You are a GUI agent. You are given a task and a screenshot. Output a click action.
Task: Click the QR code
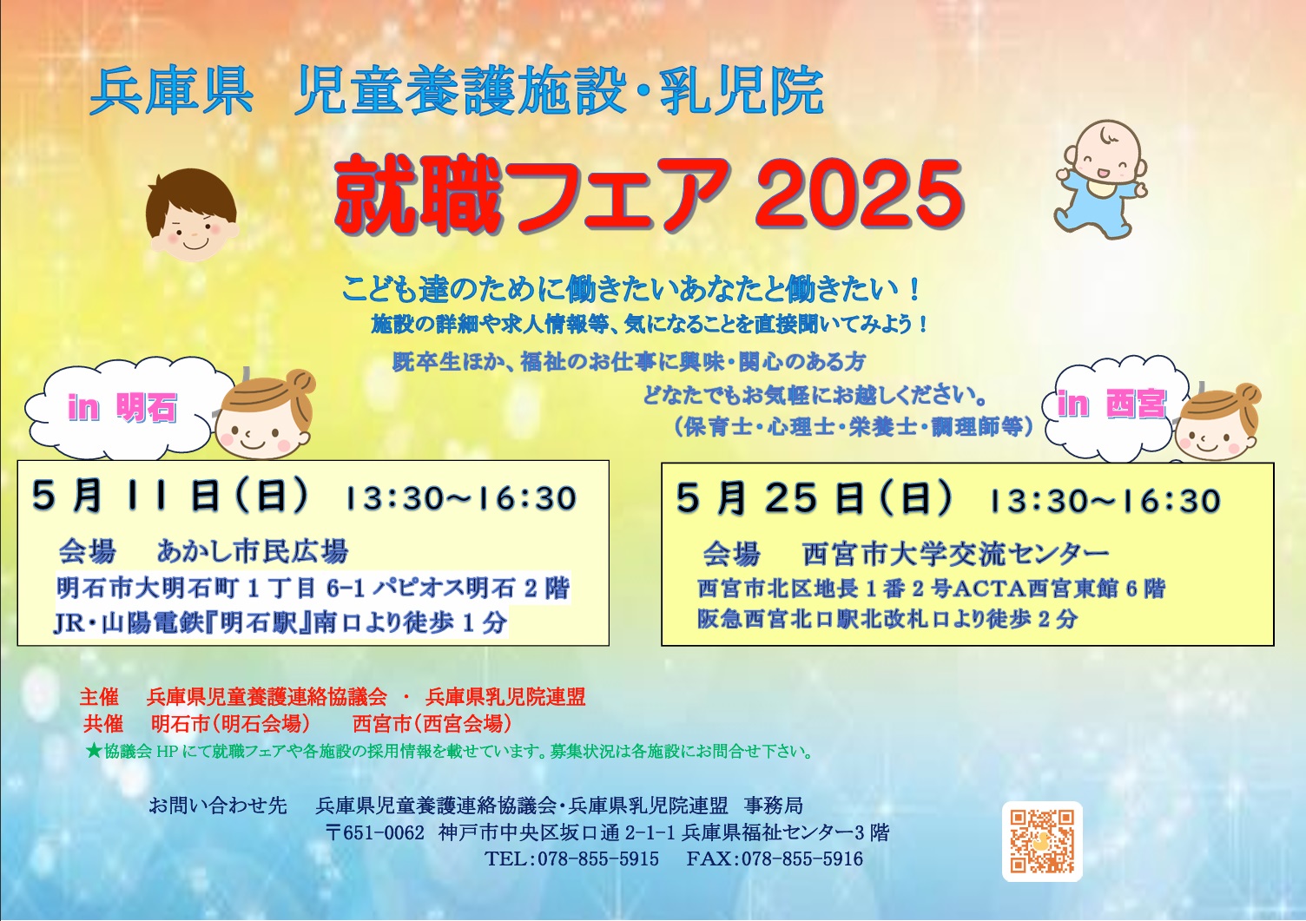(1042, 841)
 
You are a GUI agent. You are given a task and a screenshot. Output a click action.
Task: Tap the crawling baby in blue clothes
(1101, 180)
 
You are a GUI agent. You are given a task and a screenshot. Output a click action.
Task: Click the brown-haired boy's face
(191, 215)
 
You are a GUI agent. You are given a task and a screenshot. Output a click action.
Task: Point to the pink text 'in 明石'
(122, 407)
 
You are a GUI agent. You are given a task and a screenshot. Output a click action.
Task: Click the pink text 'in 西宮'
(1111, 403)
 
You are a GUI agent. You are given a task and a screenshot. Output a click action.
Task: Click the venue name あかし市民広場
(253, 551)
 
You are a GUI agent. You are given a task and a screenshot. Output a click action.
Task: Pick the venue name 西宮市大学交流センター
(955, 554)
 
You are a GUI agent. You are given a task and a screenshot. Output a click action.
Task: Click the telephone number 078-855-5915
(598, 859)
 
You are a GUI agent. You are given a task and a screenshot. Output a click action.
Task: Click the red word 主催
(99, 696)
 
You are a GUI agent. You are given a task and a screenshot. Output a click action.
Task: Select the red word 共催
(103, 723)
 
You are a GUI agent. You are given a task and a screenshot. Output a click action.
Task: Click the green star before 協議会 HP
(93, 751)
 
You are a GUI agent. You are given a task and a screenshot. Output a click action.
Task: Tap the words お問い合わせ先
(218, 806)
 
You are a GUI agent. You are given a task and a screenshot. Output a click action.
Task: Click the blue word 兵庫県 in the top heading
(171, 92)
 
